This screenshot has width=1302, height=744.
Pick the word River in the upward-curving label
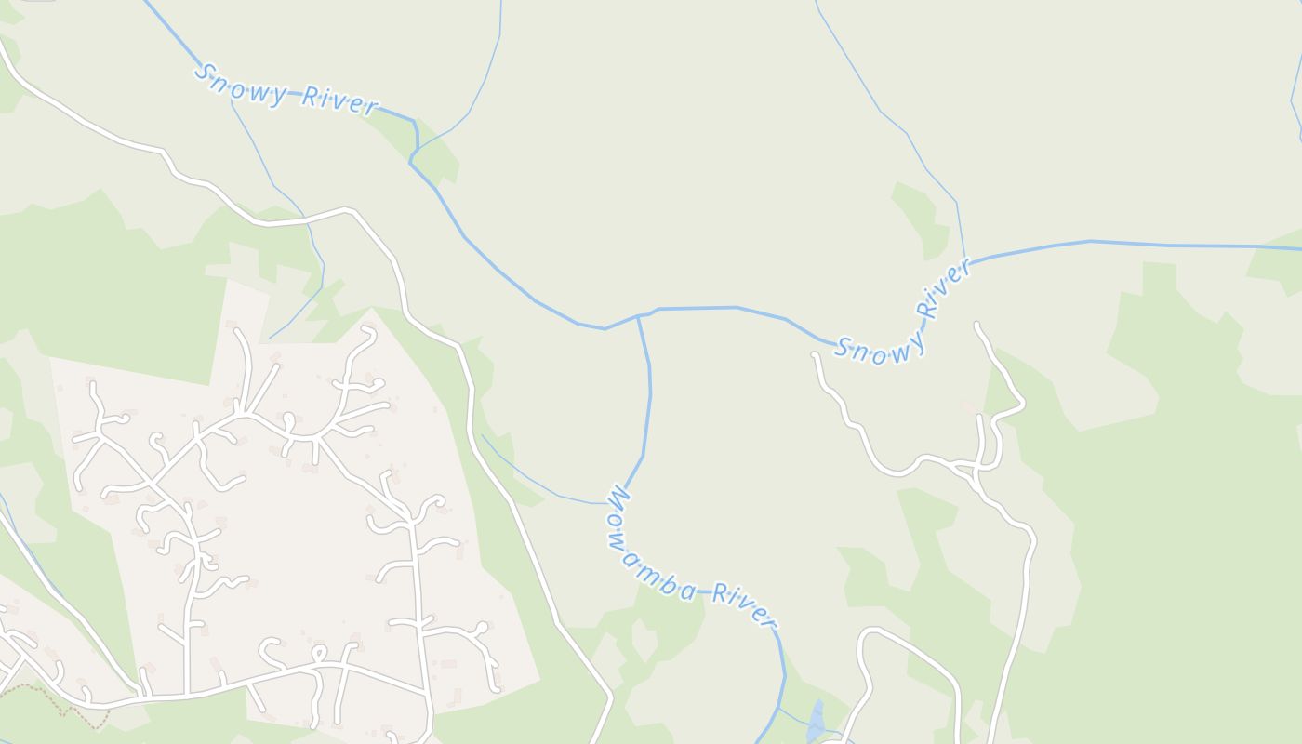tap(942, 288)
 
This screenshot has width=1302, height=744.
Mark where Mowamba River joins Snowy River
tap(638, 316)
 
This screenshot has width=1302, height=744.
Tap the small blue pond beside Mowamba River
tap(816, 722)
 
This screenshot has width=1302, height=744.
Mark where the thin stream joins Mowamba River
tap(610, 503)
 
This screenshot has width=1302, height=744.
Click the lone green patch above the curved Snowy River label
tap(922, 219)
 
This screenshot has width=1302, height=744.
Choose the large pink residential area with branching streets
tap(279, 521)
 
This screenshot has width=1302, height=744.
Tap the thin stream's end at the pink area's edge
tap(270, 339)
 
